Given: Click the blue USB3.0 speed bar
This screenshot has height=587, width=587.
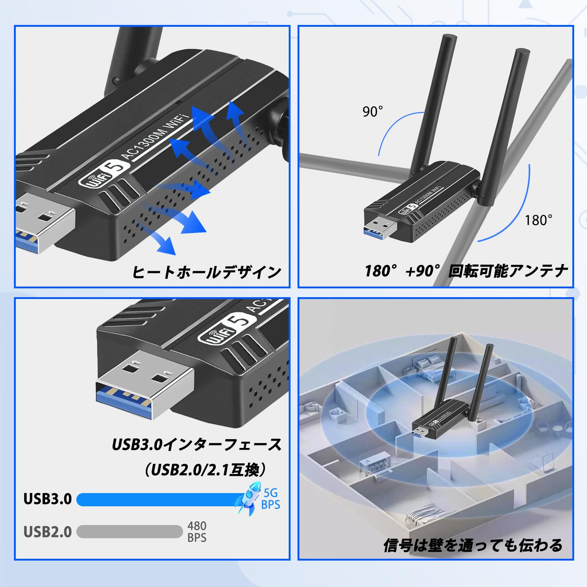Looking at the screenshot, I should [158, 499].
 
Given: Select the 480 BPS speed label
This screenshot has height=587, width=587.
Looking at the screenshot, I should [197, 532].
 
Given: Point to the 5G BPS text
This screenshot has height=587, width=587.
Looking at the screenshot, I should [271, 499].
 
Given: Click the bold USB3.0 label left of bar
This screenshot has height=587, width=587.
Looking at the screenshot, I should [48, 499].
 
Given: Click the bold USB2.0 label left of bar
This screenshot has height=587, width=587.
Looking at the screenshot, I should [48, 532].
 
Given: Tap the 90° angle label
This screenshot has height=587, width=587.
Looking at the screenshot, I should [372, 112].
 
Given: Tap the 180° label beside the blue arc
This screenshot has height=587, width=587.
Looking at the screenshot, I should [538, 220].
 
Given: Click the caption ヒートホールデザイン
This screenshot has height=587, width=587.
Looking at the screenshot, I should [206, 272].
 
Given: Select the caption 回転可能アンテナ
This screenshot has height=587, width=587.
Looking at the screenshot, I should [508, 271].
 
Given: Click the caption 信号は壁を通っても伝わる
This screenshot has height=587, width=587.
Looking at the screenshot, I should [473, 545].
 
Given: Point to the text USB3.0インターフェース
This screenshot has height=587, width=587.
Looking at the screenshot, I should [197, 445].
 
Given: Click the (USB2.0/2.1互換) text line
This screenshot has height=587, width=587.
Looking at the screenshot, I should [205, 469].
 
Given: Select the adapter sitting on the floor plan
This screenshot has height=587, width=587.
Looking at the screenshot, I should [440, 422].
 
